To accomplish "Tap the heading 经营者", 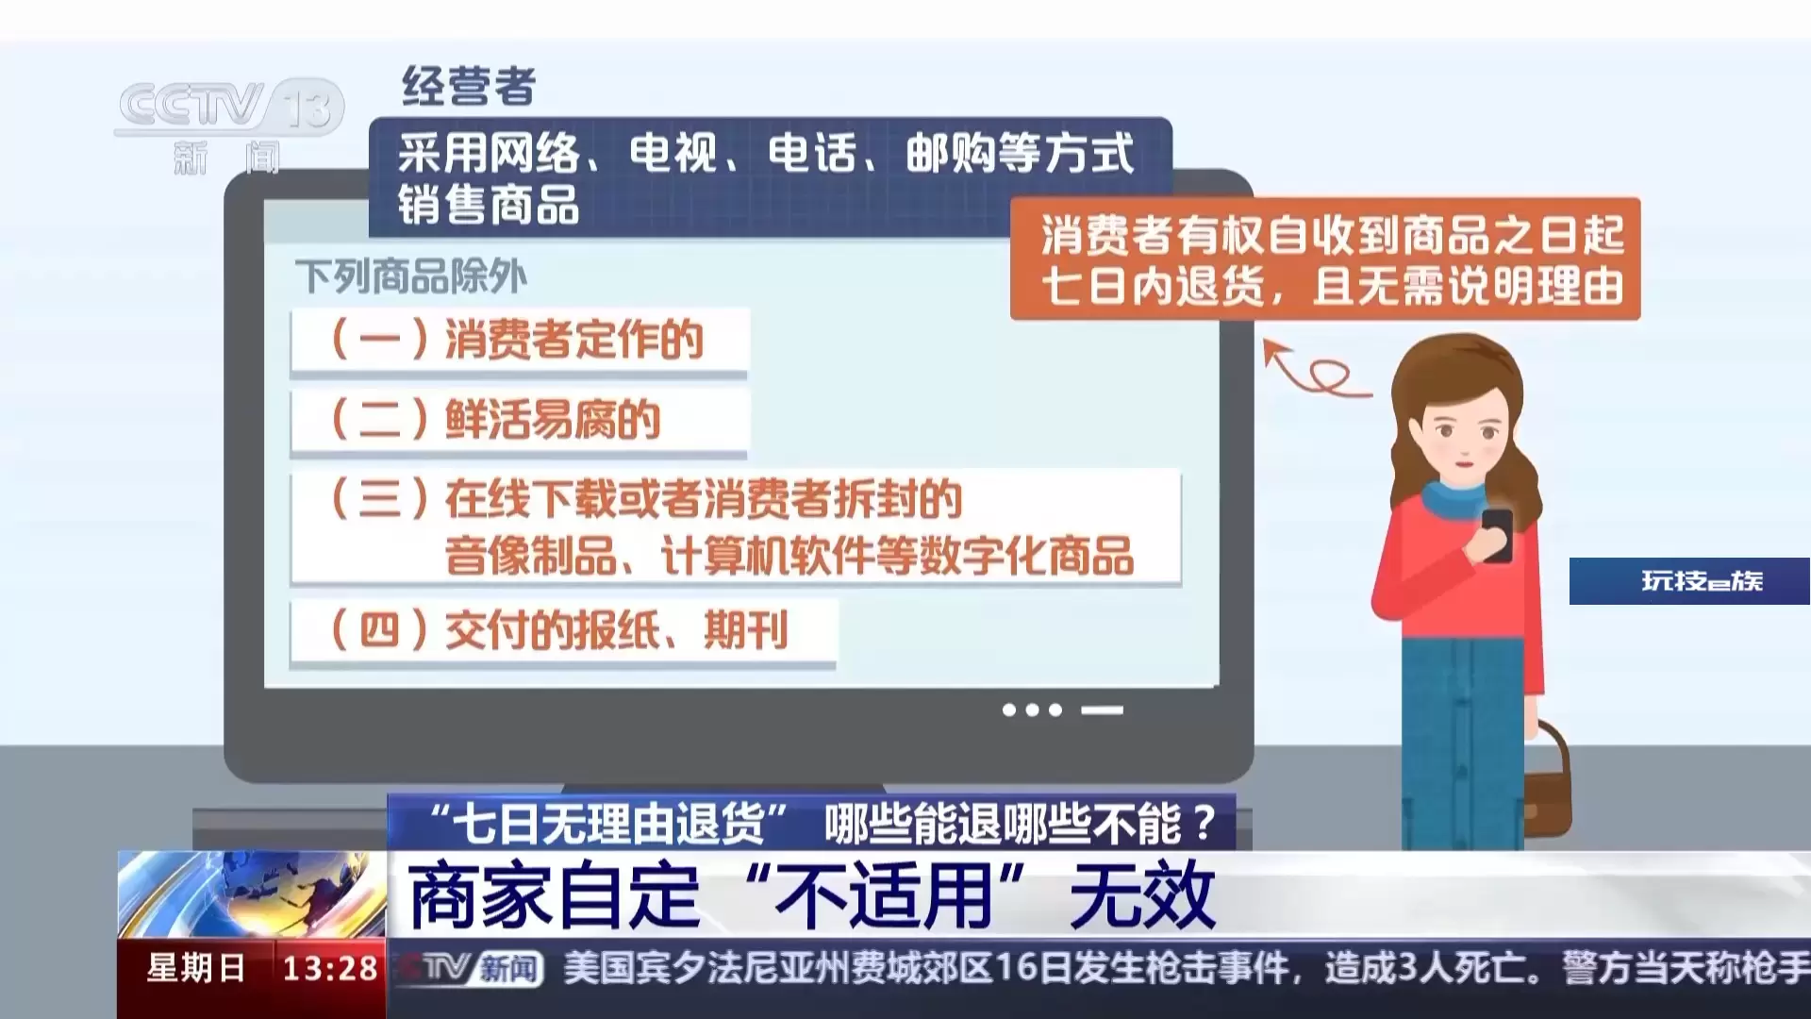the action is tap(469, 87).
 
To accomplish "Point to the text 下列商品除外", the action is tap(411, 276).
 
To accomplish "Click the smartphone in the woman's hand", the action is tap(1496, 535).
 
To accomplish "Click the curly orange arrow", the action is tap(1316, 373).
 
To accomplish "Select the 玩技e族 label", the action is tap(1702, 580).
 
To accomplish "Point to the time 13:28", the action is tap(330, 968).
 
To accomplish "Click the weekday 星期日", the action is tap(196, 968).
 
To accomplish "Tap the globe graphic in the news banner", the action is tap(252, 894).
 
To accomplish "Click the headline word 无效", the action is tap(1142, 895).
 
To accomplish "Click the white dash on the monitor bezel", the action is tap(1102, 710).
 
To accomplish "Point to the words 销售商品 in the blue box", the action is tap(488, 206).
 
